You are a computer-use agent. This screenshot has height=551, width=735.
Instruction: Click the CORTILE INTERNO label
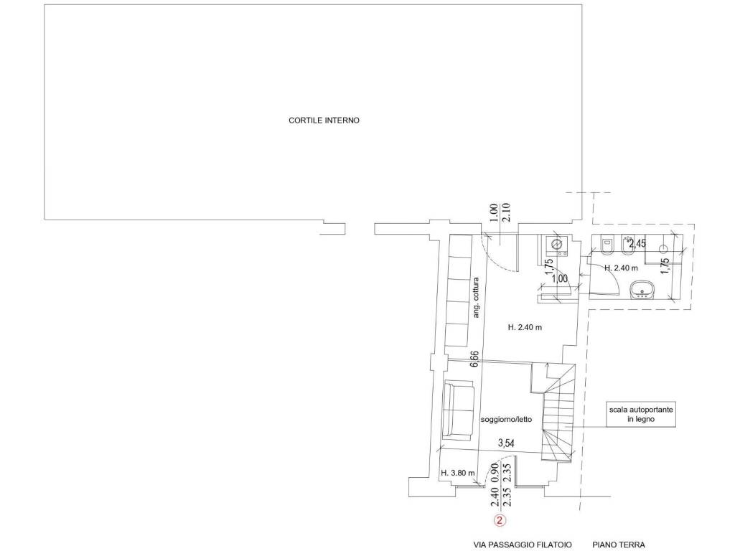[324, 121]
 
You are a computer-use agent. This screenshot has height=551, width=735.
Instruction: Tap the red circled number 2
[500, 520]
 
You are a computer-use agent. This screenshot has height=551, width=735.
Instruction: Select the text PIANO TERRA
[618, 545]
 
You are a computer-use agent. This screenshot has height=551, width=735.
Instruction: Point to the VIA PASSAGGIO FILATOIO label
[523, 545]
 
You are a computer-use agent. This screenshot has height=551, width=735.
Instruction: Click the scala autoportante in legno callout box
[641, 414]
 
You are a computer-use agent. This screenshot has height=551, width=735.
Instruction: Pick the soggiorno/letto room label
[506, 419]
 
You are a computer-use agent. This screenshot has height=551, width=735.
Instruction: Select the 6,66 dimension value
[474, 359]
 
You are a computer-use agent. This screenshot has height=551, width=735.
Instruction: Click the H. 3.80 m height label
[457, 474]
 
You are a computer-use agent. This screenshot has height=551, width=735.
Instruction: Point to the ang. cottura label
[477, 298]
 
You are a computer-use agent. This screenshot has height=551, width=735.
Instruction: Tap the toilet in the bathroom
[607, 245]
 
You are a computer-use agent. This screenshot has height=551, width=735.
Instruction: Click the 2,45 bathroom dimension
[637, 244]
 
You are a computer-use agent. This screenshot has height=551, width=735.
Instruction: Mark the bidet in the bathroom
[628, 245]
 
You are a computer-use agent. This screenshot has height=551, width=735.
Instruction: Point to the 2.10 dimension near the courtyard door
[506, 212]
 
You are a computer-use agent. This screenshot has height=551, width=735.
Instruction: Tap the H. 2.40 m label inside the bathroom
[621, 268]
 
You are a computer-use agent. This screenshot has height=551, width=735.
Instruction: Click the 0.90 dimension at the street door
[494, 474]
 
